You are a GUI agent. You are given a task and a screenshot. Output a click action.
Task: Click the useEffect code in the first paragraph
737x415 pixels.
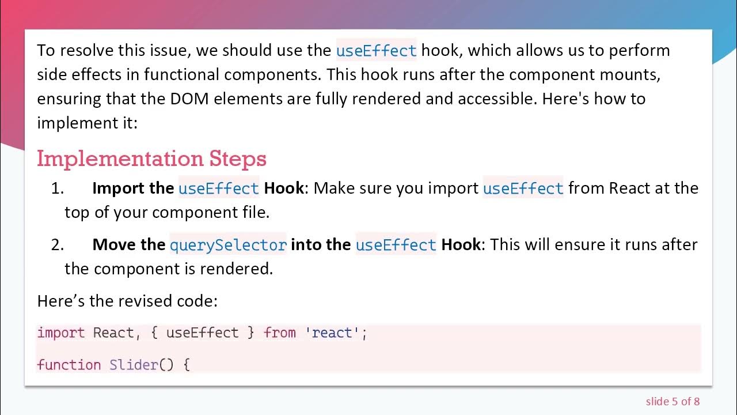376,50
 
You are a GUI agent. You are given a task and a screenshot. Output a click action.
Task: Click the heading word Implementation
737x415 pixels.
120,159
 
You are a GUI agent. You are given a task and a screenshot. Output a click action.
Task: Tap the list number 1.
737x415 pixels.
57,188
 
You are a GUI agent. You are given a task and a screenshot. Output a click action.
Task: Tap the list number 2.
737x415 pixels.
57,244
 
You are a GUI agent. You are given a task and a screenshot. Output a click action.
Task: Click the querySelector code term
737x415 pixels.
228,245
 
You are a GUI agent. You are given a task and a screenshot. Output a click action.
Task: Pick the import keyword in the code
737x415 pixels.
60,333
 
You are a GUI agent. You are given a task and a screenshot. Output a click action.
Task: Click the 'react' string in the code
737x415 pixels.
332,333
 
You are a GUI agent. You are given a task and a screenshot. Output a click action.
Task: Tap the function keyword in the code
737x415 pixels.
69,365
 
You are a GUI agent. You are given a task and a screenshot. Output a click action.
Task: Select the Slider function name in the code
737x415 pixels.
133,365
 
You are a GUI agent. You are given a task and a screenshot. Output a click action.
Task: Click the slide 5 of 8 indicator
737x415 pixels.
673,401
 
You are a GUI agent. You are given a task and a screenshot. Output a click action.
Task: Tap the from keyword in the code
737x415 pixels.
279,333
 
